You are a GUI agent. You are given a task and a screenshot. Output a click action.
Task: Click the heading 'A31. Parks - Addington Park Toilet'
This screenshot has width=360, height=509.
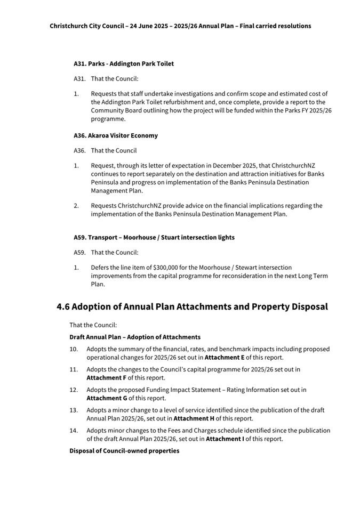click(x=124, y=63)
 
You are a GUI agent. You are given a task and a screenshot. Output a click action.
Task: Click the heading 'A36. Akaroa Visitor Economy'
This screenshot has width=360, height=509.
click(x=116, y=135)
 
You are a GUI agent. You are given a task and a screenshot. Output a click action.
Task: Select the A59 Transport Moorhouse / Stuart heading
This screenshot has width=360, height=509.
click(x=154, y=237)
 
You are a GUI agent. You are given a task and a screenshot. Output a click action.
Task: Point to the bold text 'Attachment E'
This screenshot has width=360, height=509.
click(x=225, y=358)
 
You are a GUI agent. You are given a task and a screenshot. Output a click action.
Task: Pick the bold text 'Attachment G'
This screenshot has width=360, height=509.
click(x=107, y=398)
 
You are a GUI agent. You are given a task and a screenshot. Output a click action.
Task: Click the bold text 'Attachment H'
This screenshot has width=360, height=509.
click(x=193, y=418)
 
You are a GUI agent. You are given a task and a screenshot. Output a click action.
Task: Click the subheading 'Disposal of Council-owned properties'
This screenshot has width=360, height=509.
click(x=124, y=451)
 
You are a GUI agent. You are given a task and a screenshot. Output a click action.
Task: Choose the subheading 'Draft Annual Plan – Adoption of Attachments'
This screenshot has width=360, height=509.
click(x=135, y=337)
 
